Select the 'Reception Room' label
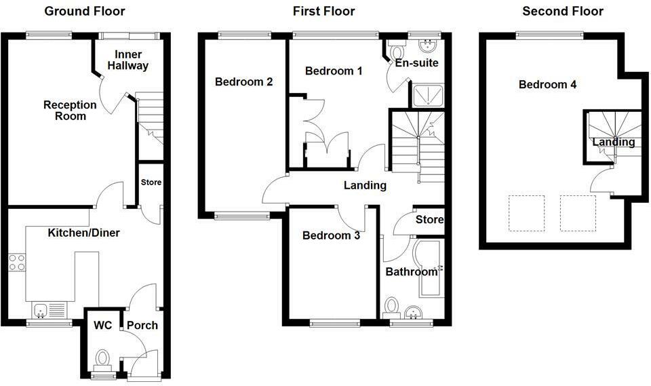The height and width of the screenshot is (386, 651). [x=65, y=110]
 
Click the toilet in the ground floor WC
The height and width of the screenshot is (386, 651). [x=103, y=358]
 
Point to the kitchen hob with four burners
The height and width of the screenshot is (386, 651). [x=17, y=263]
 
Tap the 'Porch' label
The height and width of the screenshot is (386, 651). [x=142, y=325]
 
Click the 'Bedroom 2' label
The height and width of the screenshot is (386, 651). [x=243, y=82]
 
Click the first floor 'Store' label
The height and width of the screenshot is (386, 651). [x=429, y=220]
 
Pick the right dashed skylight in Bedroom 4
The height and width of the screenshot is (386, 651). [x=578, y=213]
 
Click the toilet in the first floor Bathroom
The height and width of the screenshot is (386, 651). [x=391, y=309]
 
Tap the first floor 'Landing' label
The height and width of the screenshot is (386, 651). [x=364, y=185]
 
